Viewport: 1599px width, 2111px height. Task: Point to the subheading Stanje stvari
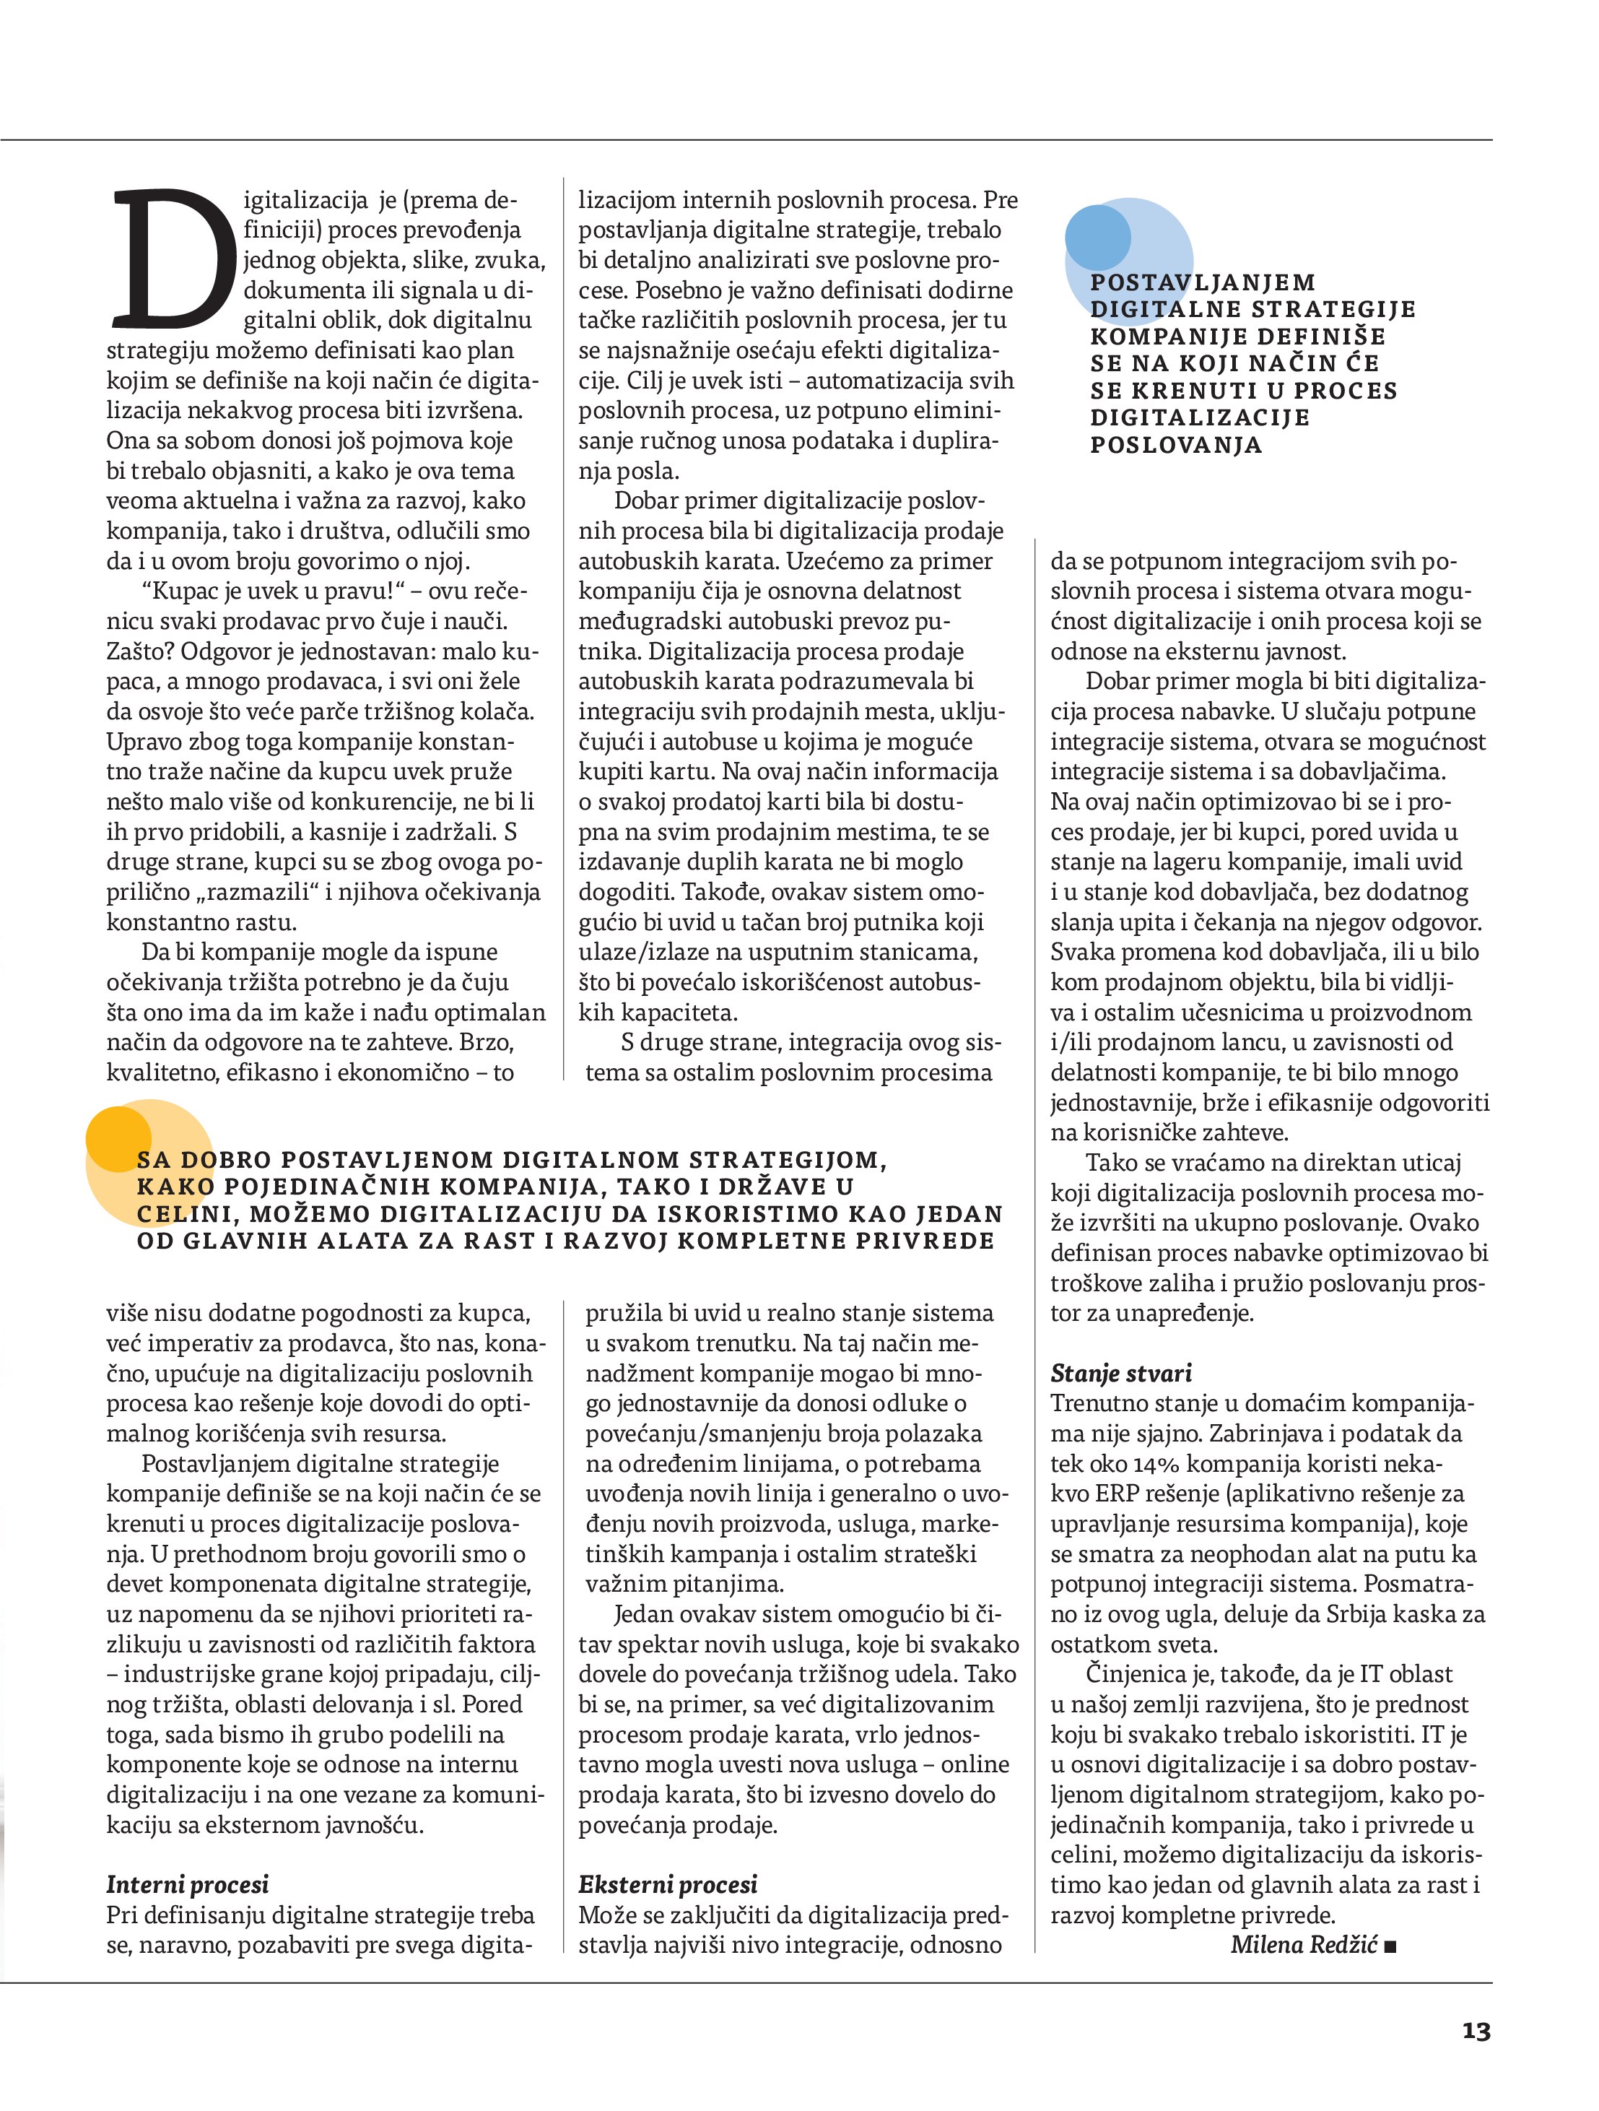tap(1120, 1374)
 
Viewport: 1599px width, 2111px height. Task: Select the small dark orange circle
tap(118, 1138)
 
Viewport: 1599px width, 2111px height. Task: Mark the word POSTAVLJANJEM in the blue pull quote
tap(1202, 282)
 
